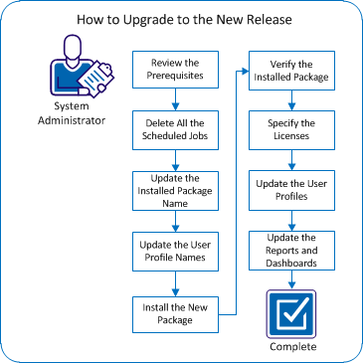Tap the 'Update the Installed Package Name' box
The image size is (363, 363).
point(175,191)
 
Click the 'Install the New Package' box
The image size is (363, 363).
point(175,314)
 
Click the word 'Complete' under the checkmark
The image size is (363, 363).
point(291,347)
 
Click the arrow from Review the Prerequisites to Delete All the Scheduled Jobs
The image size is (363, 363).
point(175,99)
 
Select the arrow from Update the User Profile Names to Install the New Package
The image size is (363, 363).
point(175,283)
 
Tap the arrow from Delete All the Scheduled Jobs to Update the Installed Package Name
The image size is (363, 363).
point(175,158)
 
